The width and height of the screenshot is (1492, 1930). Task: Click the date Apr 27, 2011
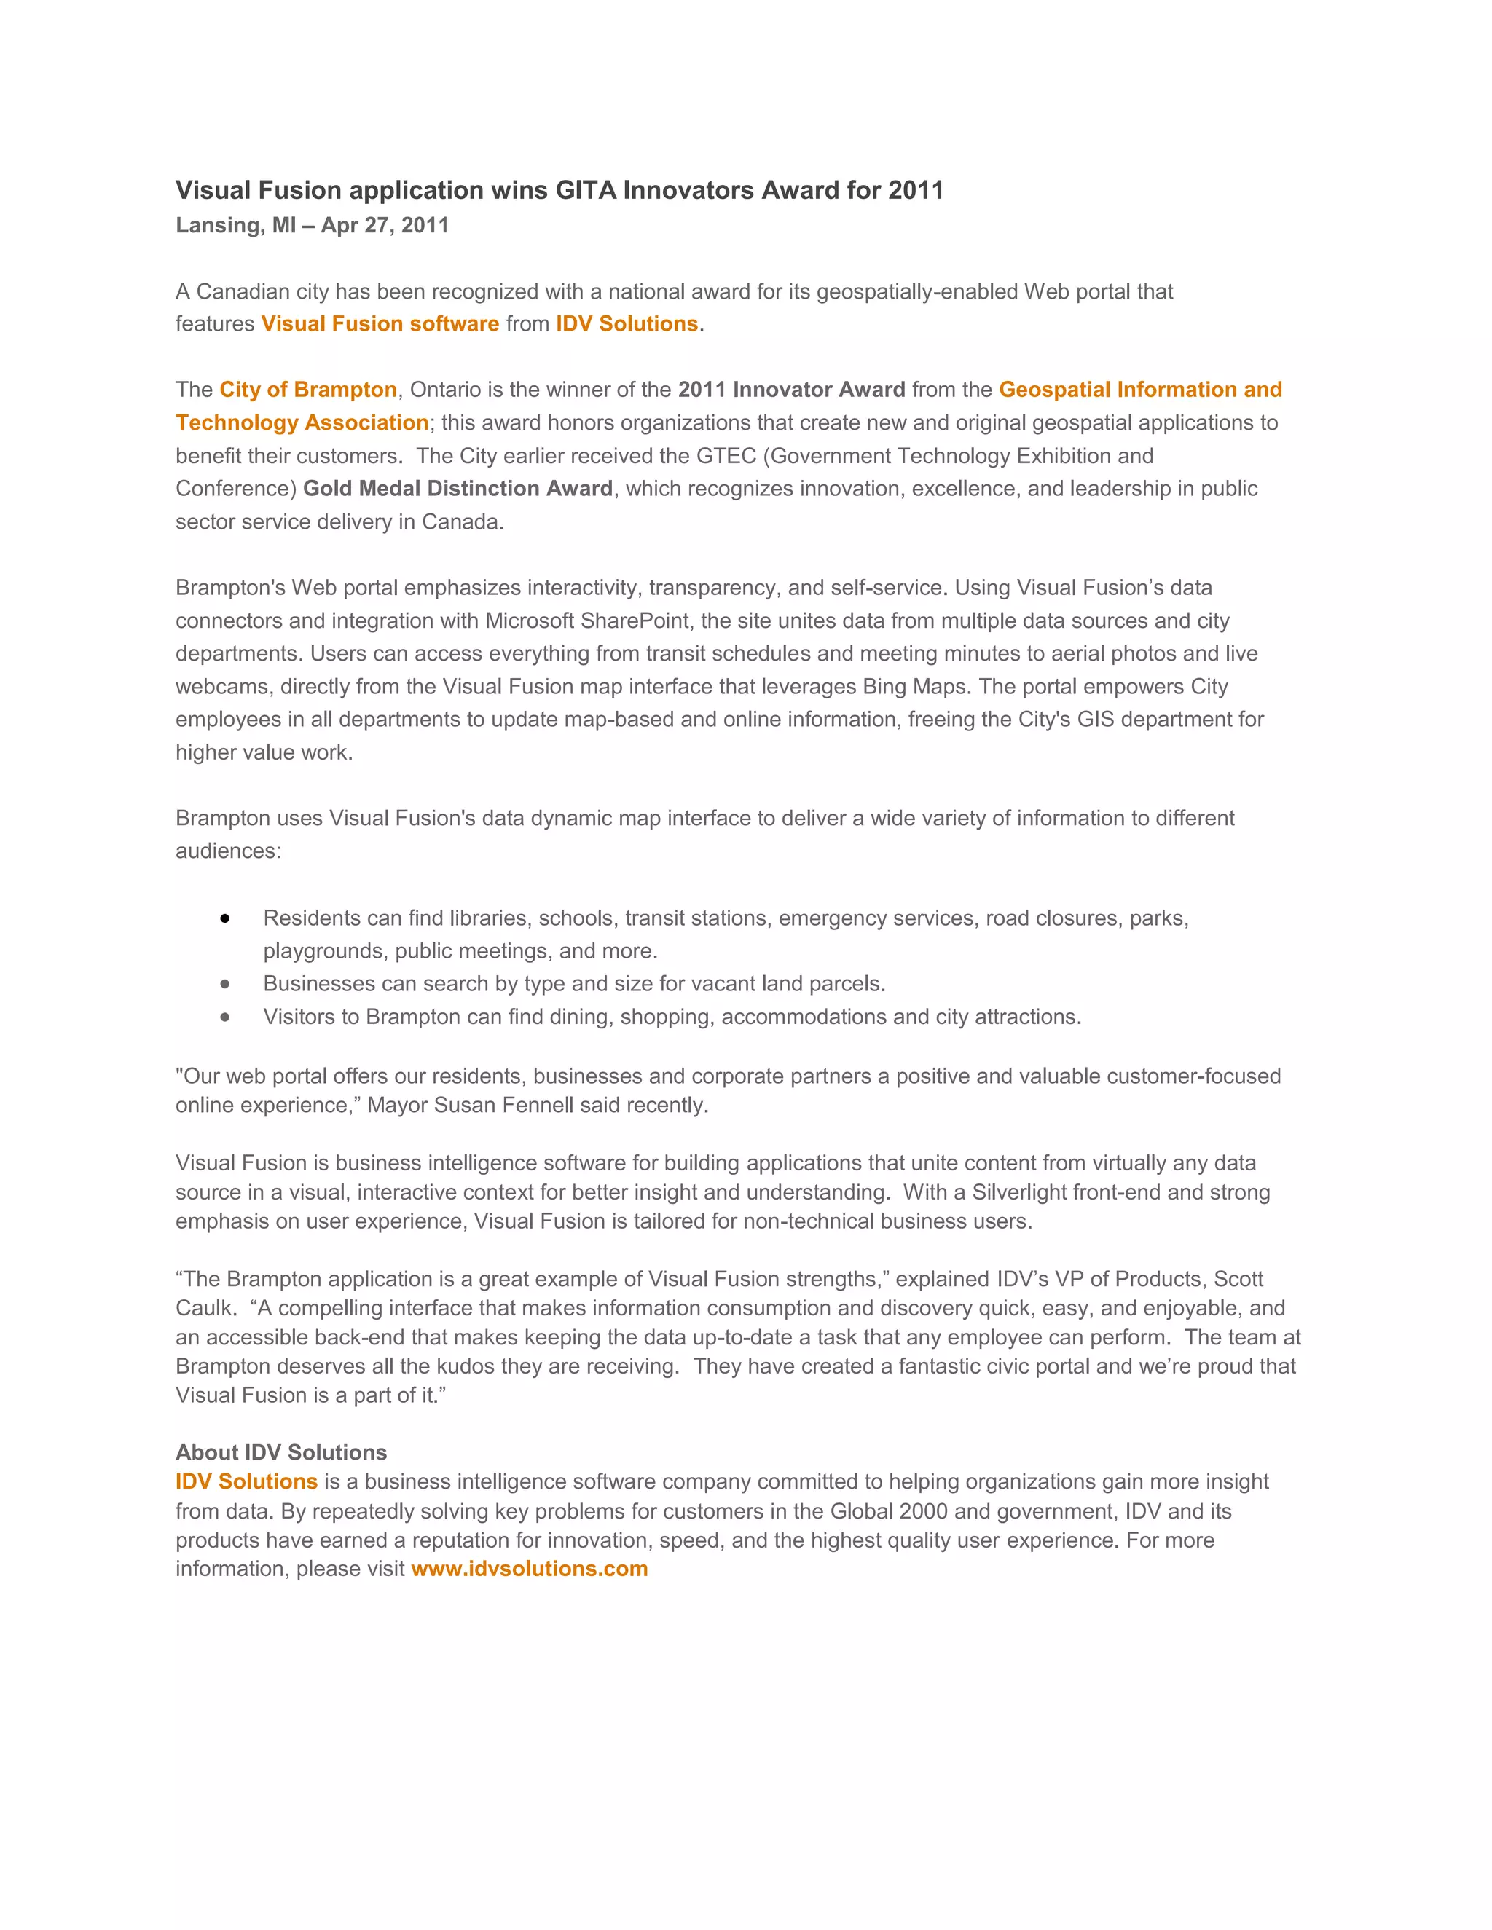click(x=385, y=225)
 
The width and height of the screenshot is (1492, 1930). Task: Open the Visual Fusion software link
click(x=380, y=323)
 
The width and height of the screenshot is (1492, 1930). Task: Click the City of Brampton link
click(x=307, y=390)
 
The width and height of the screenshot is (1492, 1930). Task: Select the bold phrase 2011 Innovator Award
click(x=791, y=390)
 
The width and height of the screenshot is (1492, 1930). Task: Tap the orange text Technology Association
click(x=302, y=422)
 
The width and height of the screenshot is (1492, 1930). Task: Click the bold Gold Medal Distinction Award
click(x=458, y=489)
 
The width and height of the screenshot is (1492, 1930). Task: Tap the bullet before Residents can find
click(x=225, y=919)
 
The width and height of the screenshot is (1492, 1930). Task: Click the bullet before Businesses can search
click(x=225, y=983)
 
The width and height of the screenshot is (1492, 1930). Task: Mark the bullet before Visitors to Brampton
click(x=225, y=1017)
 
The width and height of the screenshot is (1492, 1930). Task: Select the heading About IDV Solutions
click(x=281, y=1452)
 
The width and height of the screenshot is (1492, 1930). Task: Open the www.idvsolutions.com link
click(x=530, y=1569)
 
